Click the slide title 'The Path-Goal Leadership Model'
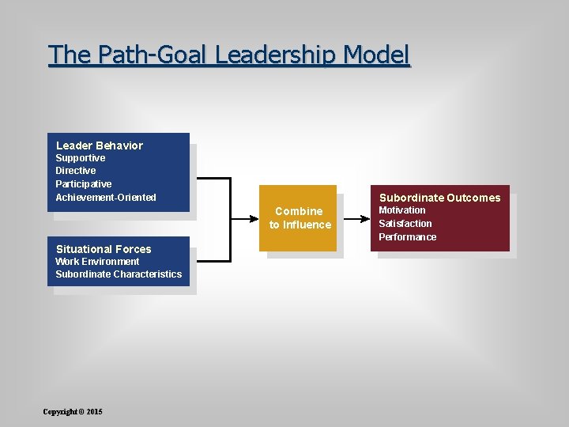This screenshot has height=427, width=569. pyautogui.click(x=229, y=55)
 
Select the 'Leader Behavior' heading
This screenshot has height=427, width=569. pyautogui.click(x=100, y=145)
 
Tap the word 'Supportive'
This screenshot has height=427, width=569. pyautogui.click(x=80, y=158)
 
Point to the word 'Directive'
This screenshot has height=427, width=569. pyautogui.click(x=76, y=171)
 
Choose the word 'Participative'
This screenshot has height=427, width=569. pyautogui.click(x=83, y=184)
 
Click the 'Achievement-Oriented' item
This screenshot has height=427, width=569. pyautogui.click(x=106, y=198)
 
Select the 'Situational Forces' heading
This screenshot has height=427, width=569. pyautogui.click(x=104, y=249)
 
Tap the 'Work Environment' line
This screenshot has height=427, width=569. pyautogui.click(x=97, y=262)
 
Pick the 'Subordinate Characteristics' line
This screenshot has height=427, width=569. pyautogui.click(x=119, y=274)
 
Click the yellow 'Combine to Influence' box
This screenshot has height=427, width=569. pyautogui.click(x=299, y=218)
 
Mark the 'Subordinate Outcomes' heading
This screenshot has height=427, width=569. pyautogui.click(x=439, y=198)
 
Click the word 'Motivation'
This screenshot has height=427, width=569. pyautogui.click(x=401, y=210)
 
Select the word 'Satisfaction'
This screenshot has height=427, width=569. pyautogui.click(x=405, y=224)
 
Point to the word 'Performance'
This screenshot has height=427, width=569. pyautogui.click(x=407, y=237)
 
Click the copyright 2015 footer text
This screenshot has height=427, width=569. pyautogui.click(x=73, y=412)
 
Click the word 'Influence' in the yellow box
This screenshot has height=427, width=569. pyautogui.click(x=307, y=225)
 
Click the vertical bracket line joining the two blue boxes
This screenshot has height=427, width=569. pyautogui.click(x=230, y=219)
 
